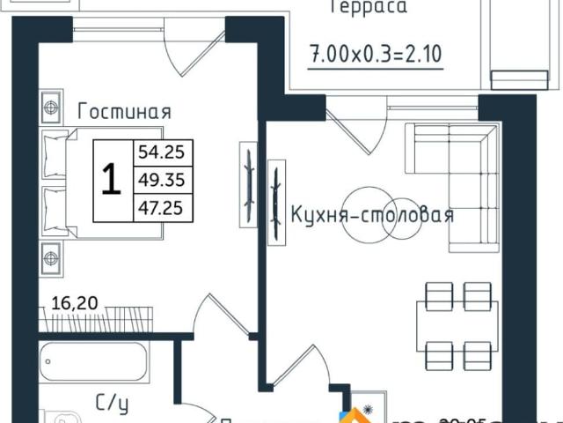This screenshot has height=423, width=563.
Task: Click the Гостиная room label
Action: tap(124, 112)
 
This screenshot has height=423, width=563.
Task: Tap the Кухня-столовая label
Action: tap(372, 214)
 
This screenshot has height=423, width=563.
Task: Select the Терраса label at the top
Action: tap(368, 8)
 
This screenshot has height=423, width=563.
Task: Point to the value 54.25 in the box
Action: tap(161, 152)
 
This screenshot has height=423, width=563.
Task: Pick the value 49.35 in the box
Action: tap(161, 180)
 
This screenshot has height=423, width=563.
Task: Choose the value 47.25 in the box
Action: tap(161, 207)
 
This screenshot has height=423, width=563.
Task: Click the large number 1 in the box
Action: tap(111, 180)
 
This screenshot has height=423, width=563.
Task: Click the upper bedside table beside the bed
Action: tap(50, 108)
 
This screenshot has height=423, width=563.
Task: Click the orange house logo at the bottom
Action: tap(360, 415)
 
